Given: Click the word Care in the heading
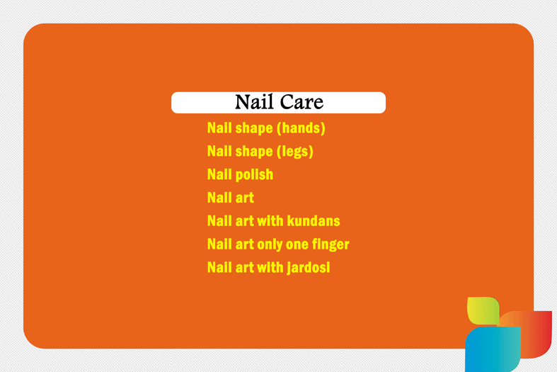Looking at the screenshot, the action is (302, 102).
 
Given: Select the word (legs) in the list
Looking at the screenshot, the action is (295, 152).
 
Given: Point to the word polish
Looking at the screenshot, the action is (254, 174).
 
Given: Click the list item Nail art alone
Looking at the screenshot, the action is (231, 198).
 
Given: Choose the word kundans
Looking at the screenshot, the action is (314, 221).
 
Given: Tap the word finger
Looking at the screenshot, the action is (331, 244).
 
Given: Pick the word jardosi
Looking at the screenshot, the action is (309, 267).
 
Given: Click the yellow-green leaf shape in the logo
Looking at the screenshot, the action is (483, 310).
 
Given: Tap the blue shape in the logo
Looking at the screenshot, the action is (493, 349).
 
